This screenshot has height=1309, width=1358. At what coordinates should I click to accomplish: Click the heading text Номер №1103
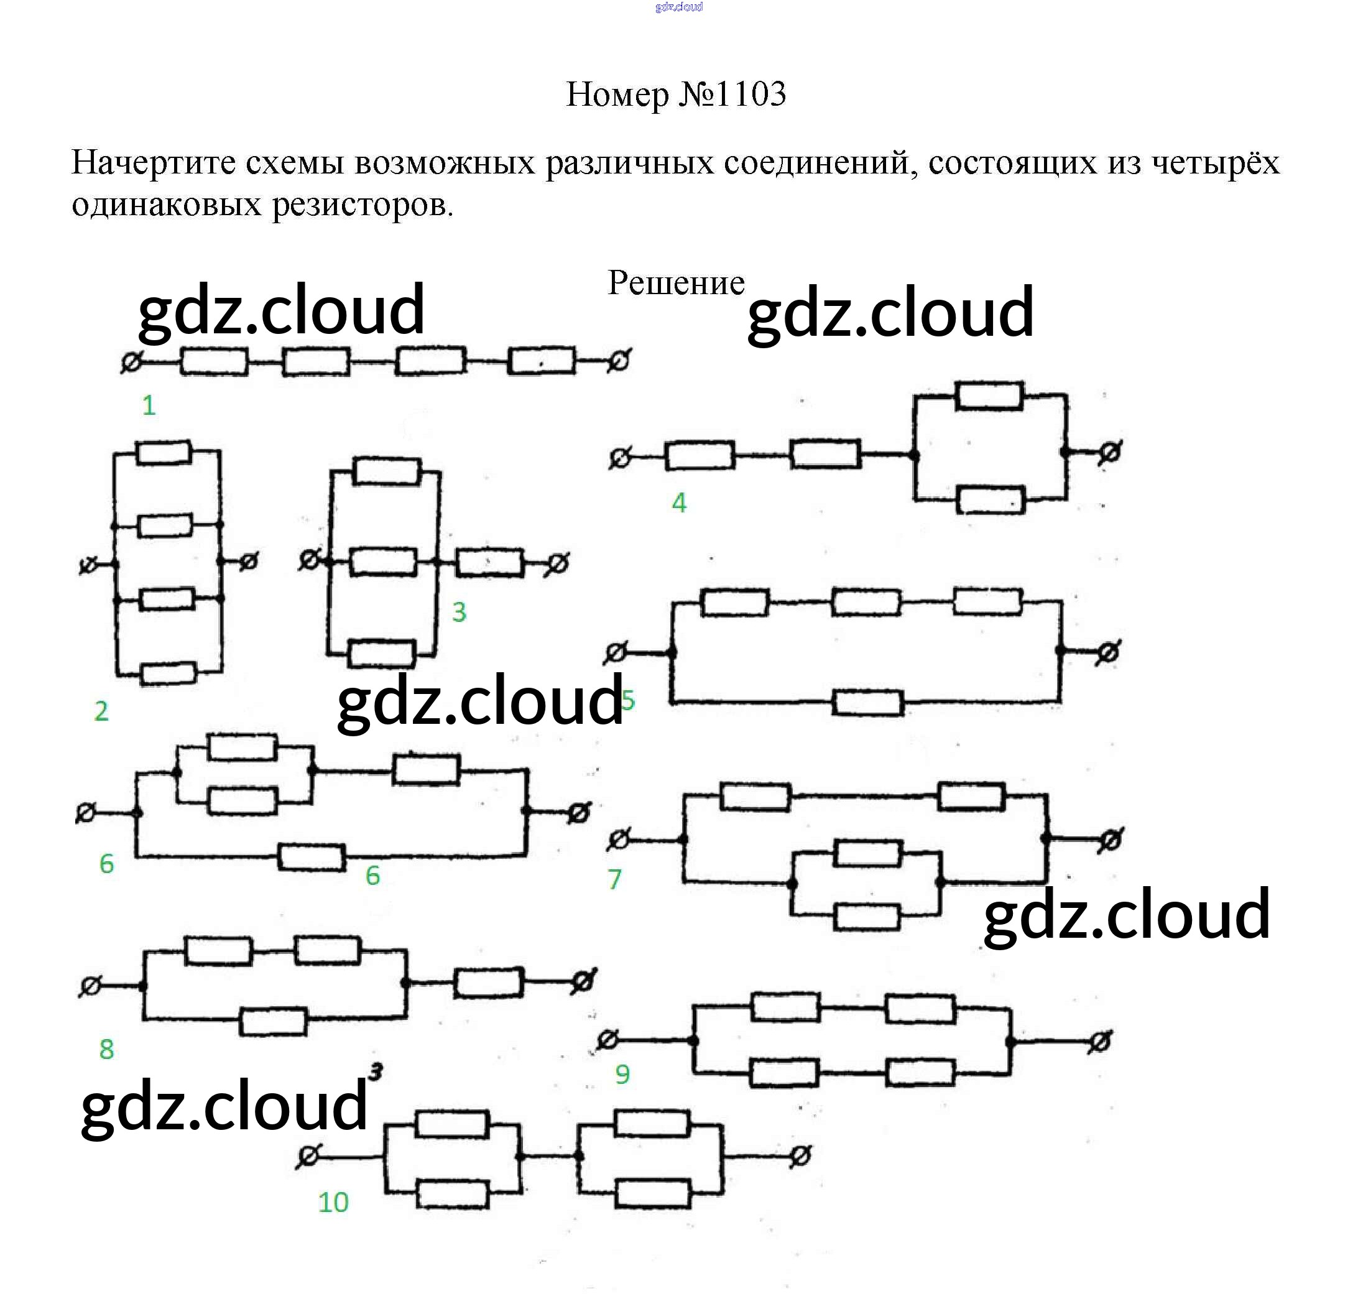675,95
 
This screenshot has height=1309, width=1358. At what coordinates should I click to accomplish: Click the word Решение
675,283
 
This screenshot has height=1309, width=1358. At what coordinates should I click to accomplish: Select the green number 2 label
101,711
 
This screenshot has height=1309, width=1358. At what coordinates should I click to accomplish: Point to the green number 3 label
459,612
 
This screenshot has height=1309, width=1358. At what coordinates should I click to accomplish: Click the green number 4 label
679,502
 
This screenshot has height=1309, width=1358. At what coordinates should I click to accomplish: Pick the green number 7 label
614,879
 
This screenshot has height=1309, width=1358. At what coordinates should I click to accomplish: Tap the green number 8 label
106,1048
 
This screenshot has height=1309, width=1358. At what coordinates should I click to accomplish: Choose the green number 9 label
622,1074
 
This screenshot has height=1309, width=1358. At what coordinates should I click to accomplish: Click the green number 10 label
333,1202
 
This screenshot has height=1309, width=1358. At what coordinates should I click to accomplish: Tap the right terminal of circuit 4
1109,453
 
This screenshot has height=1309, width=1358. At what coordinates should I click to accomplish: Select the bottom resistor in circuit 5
867,703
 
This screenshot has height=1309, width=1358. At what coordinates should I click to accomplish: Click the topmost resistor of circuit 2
164,452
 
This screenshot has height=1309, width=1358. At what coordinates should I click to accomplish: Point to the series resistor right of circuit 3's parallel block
490,563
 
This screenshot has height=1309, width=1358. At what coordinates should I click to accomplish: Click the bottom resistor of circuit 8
273,1022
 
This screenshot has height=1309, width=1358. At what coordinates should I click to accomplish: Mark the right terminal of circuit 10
800,1156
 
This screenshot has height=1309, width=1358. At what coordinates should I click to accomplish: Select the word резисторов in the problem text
362,205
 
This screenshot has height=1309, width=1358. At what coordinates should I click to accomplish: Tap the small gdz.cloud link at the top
678,7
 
